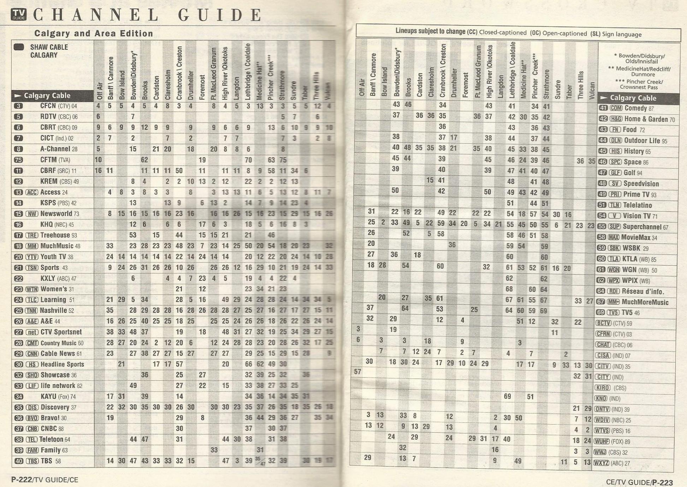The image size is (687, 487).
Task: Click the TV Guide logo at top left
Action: [18, 14]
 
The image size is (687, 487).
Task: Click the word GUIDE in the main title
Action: [220, 15]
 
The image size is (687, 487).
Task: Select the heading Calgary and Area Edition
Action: [94, 34]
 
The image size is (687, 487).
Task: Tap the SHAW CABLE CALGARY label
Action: [44, 51]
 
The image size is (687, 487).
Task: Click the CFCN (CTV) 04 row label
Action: [58, 106]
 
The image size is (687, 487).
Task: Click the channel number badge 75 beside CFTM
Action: [18, 160]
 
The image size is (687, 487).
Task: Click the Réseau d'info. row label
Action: [643, 292]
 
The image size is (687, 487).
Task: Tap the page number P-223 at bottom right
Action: [662, 482]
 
